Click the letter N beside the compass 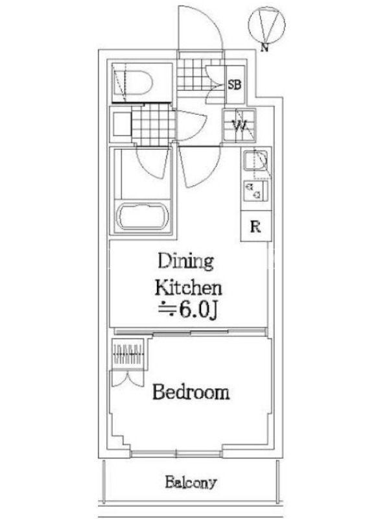(264, 47)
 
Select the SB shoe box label (235, 85)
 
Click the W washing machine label (239, 125)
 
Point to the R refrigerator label (255, 227)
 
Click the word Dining (185, 261)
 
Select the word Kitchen (189, 287)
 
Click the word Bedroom (191, 392)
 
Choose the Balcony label (191, 483)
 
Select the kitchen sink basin (255, 160)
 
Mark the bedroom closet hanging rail (128, 354)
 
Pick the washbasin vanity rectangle (122, 124)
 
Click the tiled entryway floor (198, 74)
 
